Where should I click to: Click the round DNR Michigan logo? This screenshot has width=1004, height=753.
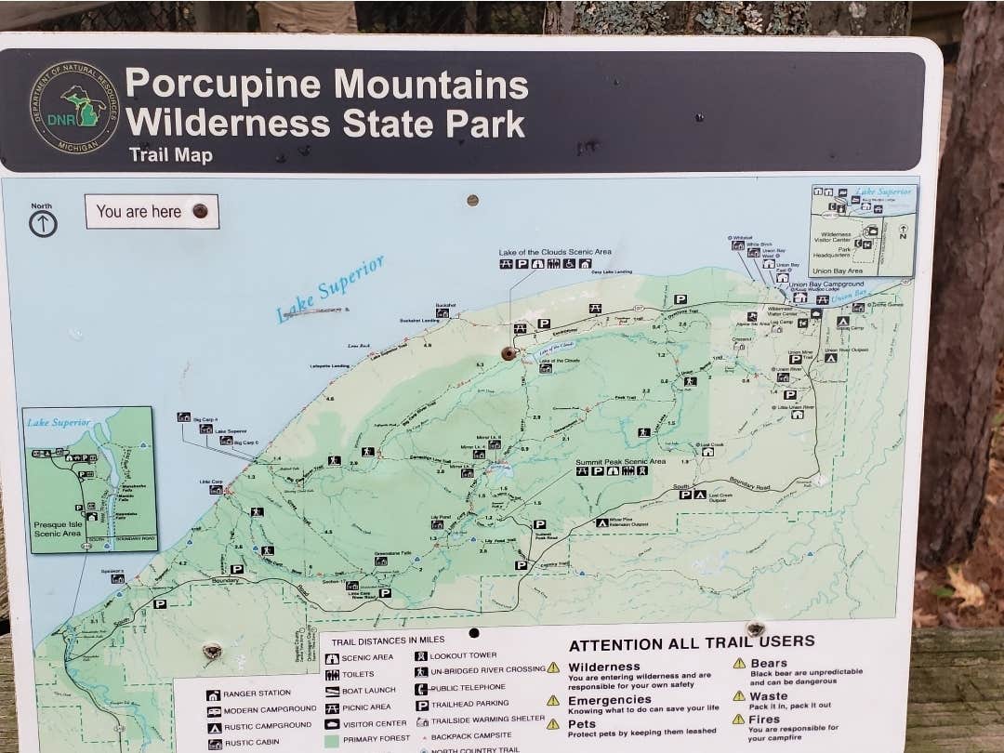[74, 107]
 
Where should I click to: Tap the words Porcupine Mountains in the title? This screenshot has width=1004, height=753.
[326, 85]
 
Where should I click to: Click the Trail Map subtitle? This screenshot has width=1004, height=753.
[171, 155]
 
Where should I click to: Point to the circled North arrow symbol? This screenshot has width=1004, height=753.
[43, 223]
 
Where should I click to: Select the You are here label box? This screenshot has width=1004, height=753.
[152, 212]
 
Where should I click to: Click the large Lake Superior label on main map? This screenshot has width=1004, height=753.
[330, 288]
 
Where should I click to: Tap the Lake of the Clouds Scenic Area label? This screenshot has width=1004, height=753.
[555, 252]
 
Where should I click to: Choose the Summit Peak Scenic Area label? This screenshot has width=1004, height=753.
[620, 461]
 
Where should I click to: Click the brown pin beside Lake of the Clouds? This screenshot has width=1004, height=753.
[509, 353]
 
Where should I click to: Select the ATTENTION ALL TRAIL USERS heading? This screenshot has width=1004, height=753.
[692, 642]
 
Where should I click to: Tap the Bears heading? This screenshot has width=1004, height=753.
[769, 663]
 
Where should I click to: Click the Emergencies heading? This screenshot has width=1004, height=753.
[610, 700]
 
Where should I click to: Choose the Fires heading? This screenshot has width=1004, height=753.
[764, 720]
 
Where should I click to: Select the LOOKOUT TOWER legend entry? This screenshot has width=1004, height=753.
[463, 655]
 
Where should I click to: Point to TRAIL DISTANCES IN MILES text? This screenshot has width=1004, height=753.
[388, 640]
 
